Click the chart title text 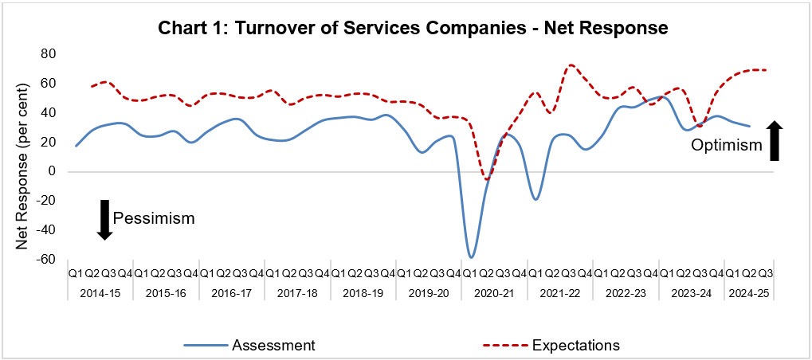(x=413, y=28)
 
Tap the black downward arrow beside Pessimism (x=104, y=219)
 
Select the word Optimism (x=725, y=147)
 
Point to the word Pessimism (x=153, y=217)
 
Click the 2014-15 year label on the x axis (x=100, y=293)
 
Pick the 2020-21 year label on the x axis (x=494, y=293)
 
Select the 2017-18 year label (x=297, y=293)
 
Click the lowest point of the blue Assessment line (x=472, y=257)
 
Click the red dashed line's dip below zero (x=486, y=179)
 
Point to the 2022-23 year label (x=626, y=293)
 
